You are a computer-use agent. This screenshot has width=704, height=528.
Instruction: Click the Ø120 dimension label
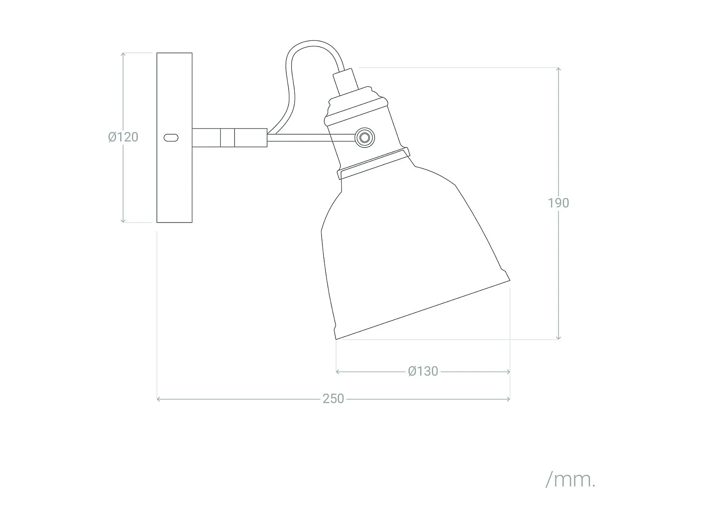pos(123,137)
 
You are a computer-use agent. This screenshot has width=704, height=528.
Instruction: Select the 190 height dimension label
pos(558,203)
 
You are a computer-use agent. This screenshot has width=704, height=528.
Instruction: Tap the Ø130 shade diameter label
pos(423,371)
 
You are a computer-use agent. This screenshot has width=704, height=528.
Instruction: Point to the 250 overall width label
pos(333,399)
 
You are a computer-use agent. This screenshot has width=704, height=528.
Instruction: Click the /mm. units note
pos(570,480)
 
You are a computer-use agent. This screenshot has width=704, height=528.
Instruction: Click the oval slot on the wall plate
pos(171,138)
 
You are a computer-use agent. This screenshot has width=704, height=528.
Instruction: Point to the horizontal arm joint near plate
pos(227,138)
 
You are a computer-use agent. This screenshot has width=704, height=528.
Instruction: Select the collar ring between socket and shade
pos(373,163)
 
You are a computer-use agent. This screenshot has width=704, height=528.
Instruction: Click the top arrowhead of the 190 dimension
pos(558,69)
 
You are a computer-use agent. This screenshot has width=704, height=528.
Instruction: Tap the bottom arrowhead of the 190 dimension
pos(558,337)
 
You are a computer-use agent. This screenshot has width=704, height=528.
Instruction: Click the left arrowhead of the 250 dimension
pos(159,399)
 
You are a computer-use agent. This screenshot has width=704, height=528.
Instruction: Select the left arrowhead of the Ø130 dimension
pos(338,371)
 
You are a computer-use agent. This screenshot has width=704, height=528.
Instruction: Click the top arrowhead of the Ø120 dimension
pos(123,55)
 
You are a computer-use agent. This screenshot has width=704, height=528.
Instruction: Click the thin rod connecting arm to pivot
pos(310,137)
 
